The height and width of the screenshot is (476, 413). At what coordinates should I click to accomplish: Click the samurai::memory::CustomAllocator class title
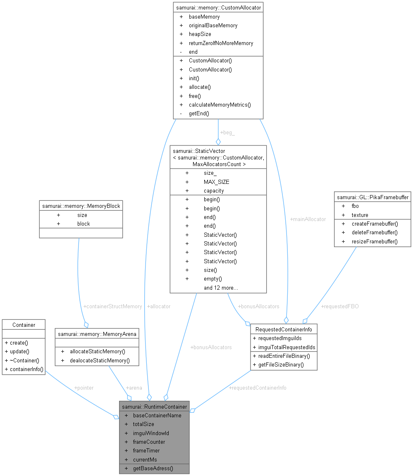pyautogui.click(x=218, y=7)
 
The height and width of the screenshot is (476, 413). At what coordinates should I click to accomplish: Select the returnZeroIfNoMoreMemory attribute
pyautogui.click(x=221, y=43)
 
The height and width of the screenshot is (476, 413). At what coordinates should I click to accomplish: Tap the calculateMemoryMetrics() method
pyautogui.click(x=220, y=105)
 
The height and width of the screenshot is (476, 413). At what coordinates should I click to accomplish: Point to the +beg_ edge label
pyautogui.click(x=227, y=133)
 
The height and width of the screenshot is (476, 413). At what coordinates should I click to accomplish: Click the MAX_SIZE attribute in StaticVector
pyautogui.click(x=216, y=182)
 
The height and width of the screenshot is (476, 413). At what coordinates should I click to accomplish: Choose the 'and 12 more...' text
pyautogui.click(x=220, y=288)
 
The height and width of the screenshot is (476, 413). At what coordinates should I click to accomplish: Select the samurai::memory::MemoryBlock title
pyautogui.click(x=81, y=205)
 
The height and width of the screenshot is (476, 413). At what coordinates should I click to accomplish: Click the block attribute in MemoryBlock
pyautogui.click(x=83, y=224)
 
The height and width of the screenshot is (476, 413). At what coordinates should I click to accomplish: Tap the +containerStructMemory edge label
pyautogui.click(x=112, y=306)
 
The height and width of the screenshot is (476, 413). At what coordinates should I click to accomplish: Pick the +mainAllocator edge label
pyautogui.click(x=308, y=219)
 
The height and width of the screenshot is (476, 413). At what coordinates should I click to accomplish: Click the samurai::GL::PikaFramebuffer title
pyautogui.click(x=373, y=197)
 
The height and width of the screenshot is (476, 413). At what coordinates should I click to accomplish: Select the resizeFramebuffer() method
pyautogui.click(x=375, y=241)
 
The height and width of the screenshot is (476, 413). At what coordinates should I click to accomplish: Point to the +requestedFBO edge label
pyautogui.click(x=340, y=306)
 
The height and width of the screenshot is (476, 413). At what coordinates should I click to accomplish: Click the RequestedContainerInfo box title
pyautogui.click(x=284, y=329)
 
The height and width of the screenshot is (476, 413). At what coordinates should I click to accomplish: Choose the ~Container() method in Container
pyautogui.click(x=21, y=360)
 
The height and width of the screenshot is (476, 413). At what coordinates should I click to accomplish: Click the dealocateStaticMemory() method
pyautogui.click(x=100, y=360)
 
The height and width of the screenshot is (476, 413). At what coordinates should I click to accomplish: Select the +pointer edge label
pyautogui.click(x=84, y=388)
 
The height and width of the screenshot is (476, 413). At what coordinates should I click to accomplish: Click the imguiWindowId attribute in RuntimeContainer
pyautogui.click(x=151, y=433)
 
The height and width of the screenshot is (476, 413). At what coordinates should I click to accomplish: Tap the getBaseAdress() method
pyautogui.click(x=153, y=469)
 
